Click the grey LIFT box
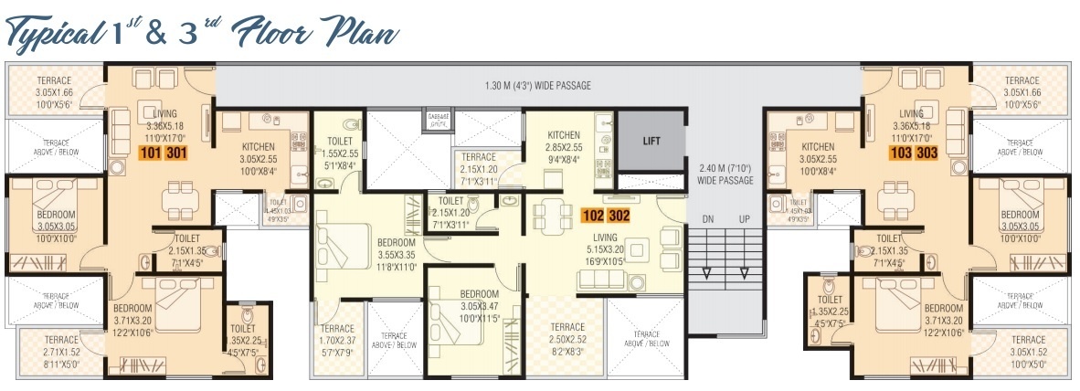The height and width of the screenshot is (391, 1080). tap(650, 141)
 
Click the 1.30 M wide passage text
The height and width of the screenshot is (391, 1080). tap(537, 86)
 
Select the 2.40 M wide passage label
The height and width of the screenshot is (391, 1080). tap(725, 174)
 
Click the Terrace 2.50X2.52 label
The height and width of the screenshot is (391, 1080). tap(567, 338)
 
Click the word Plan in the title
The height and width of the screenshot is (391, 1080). tap(364, 35)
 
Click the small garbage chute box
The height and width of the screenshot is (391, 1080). tap(439, 120)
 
